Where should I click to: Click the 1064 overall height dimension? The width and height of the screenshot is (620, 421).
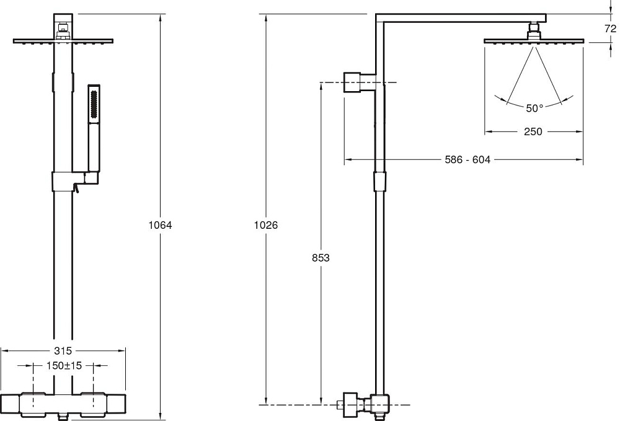click(x=160, y=225)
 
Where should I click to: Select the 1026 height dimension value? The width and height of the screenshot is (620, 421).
click(x=266, y=225)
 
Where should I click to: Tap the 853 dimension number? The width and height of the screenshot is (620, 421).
click(x=321, y=258)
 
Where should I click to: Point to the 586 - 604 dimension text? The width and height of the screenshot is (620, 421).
click(x=467, y=160)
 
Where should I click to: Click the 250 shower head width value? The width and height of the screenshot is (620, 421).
click(x=533, y=131)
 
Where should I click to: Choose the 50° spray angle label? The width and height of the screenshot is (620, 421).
click(x=534, y=108)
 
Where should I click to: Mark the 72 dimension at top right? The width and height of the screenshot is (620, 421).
click(x=610, y=29)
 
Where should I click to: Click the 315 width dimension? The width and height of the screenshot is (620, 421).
click(x=63, y=351)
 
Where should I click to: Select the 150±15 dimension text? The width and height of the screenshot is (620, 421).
click(x=64, y=366)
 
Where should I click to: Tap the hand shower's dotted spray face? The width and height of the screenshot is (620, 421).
click(x=94, y=104)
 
